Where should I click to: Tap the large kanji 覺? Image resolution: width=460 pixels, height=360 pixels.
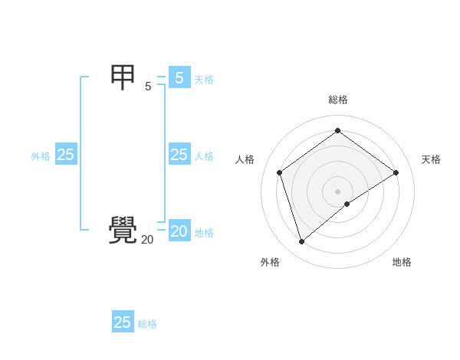pyautogui.click(x=123, y=231)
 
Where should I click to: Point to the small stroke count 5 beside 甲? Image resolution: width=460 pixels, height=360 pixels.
pyautogui.click(x=148, y=87)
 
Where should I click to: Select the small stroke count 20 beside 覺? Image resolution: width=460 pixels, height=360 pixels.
pyautogui.click(x=147, y=240)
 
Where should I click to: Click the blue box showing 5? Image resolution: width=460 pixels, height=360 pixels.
pyautogui.click(x=179, y=77)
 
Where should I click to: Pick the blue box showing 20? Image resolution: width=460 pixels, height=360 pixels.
pyautogui.click(x=179, y=231)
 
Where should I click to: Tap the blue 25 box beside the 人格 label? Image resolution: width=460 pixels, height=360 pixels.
pyautogui.click(x=179, y=155)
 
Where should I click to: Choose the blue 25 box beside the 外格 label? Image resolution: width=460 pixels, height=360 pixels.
pyautogui.click(x=65, y=155)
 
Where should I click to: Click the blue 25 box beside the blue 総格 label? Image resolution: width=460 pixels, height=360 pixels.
pyautogui.click(x=123, y=322)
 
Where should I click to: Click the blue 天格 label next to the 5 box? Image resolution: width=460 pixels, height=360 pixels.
pyautogui.click(x=204, y=79)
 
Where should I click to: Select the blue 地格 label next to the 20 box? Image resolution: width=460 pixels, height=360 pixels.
pyautogui.click(x=204, y=233)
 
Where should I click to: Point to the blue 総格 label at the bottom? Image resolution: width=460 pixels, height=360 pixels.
pyautogui.click(x=147, y=324)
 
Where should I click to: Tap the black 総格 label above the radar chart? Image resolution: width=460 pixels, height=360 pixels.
pyautogui.click(x=338, y=100)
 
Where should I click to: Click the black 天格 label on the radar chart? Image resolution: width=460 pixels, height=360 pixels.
pyautogui.click(x=432, y=159)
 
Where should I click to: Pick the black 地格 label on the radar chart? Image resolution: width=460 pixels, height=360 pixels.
pyautogui.click(x=402, y=262)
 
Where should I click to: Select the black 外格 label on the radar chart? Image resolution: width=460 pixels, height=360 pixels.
pyautogui.click(x=270, y=262)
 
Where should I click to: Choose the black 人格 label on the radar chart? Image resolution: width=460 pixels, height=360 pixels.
pyautogui.click(x=245, y=159)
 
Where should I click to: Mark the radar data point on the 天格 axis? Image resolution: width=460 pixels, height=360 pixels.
pyautogui.click(x=396, y=172)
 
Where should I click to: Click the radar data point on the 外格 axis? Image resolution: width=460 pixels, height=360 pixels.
pyautogui.click(x=301, y=242)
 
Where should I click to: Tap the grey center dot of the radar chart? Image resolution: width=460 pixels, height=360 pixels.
pyautogui.click(x=338, y=191)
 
